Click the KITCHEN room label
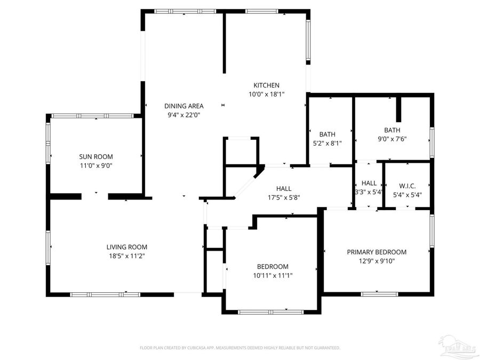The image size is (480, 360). click(266, 85)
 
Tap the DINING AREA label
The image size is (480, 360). click(183, 106)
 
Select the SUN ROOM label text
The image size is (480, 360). click(96, 157)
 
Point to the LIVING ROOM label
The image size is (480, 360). click(126, 247)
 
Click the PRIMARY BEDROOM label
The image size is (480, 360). click(377, 252)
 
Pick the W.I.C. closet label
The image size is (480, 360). click(407, 186)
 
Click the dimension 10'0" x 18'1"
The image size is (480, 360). click(266, 94)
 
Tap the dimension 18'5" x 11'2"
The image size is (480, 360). click(126, 256)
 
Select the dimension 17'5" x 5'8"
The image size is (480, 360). click(284, 197)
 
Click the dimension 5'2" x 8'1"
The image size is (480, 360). click(327, 143)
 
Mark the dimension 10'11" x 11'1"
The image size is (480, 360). click(273, 275)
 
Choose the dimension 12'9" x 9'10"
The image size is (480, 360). click(377, 261)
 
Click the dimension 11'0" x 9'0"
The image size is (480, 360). click(96, 165)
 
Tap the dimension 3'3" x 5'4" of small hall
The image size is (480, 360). click(369, 192)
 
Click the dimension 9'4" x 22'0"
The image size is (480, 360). click(183, 115)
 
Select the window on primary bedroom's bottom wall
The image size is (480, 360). click(379, 293)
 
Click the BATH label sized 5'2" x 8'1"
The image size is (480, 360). click(327, 134)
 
